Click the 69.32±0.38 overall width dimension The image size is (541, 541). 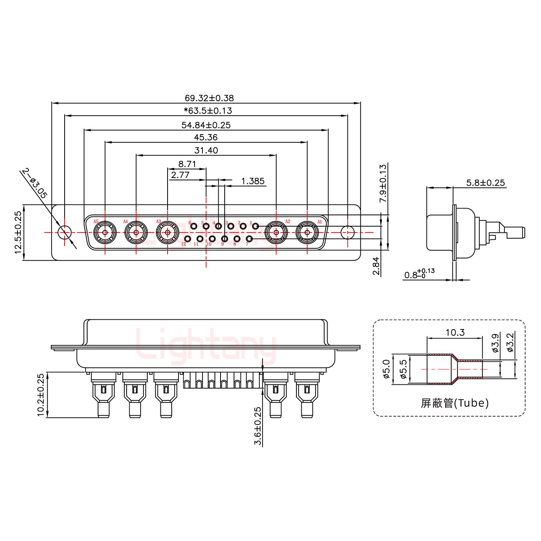[209, 98]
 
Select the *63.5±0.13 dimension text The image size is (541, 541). [208, 111]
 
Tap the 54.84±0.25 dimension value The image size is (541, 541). [206, 125]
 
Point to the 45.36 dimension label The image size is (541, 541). [206, 138]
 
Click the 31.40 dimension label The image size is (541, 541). [206, 151]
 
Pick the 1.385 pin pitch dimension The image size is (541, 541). [252, 181]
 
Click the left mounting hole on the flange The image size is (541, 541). [65, 233]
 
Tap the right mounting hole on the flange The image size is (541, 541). [348, 233]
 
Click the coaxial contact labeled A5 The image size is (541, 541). [104, 233]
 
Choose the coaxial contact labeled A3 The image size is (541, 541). [167, 233]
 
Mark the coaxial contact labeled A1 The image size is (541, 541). [307, 233]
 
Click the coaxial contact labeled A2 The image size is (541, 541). [276, 233]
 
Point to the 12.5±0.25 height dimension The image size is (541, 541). [18, 232]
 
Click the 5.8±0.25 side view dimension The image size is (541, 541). [485, 183]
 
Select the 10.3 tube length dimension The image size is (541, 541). [455, 332]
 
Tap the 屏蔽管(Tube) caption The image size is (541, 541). [455, 403]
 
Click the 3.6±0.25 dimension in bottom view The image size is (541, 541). [258, 426]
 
